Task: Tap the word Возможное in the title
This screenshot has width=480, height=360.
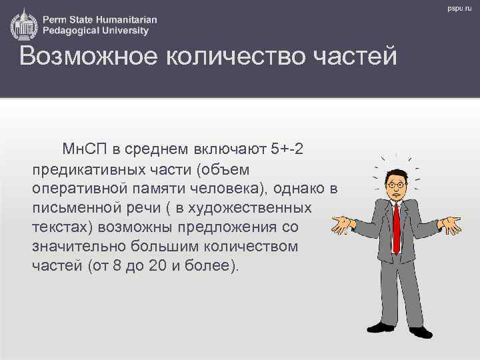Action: (85, 57)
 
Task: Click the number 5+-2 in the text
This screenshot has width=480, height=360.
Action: (288, 147)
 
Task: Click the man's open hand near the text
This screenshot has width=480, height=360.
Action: (344, 223)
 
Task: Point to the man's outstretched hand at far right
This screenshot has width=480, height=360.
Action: (453, 224)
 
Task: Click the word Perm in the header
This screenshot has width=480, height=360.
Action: (57, 18)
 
